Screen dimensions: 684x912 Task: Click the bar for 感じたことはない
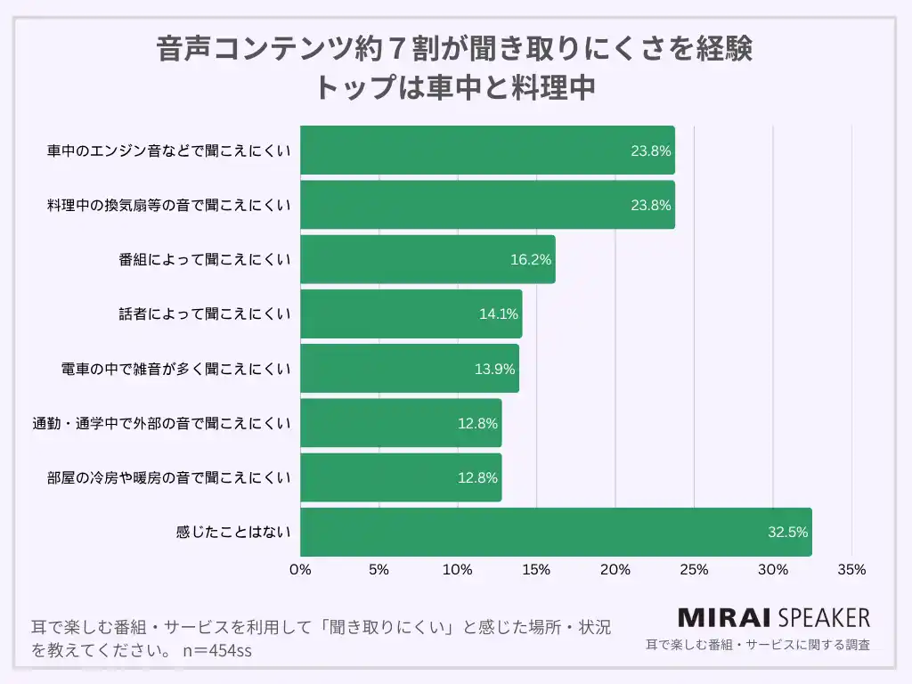(x=556, y=533)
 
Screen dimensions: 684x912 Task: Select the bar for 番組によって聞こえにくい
(x=427, y=260)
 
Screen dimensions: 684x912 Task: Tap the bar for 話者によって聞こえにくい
(x=411, y=314)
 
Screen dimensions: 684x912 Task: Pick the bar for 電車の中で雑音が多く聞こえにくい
(x=410, y=369)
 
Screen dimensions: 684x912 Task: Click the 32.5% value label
(x=787, y=533)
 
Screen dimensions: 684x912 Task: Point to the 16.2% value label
(x=531, y=260)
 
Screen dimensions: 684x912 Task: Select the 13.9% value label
(x=494, y=369)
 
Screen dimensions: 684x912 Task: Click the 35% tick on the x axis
(x=851, y=570)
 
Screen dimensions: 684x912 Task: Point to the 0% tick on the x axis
(x=300, y=570)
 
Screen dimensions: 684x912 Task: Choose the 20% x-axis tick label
(x=615, y=570)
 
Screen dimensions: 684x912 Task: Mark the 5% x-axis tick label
(x=379, y=570)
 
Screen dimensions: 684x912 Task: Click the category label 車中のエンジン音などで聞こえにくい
(x=169, y=151)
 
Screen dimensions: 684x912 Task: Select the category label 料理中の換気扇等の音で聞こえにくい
(x=169, y=205)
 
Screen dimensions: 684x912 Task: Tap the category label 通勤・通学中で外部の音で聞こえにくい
(x=162, y=423)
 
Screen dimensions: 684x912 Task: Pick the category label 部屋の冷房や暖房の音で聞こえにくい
(x=169, y=478)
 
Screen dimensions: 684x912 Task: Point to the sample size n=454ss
(x=216, y=650)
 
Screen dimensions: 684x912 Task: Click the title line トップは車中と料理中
(x=455, y=87)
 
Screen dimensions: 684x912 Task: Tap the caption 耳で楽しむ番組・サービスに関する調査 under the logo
(x=757, y=644)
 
